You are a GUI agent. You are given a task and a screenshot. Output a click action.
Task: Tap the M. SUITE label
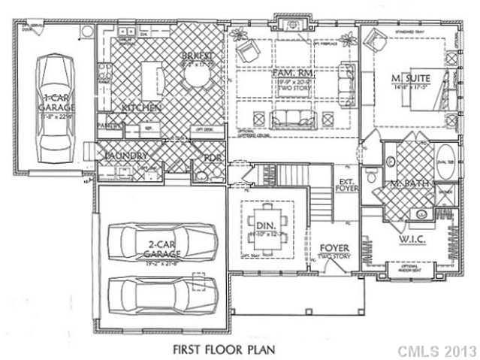pyautogui.click(x=412, y=79)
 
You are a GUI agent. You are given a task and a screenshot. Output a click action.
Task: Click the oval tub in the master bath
pyautogui.click(x=444, y=164)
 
